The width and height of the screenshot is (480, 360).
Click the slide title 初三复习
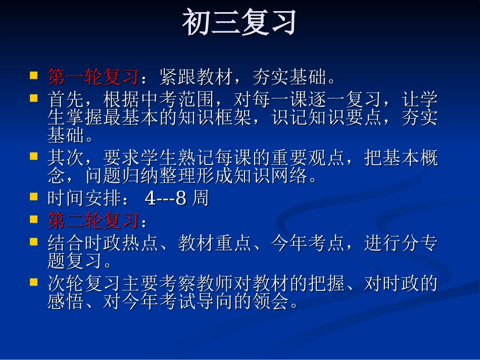[239, 23]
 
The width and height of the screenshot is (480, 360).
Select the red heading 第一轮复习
[93, 77]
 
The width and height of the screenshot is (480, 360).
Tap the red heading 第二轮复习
[93, 221]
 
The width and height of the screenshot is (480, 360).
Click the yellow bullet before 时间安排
[33, 197]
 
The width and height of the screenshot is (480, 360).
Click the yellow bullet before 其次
[33, 157]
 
